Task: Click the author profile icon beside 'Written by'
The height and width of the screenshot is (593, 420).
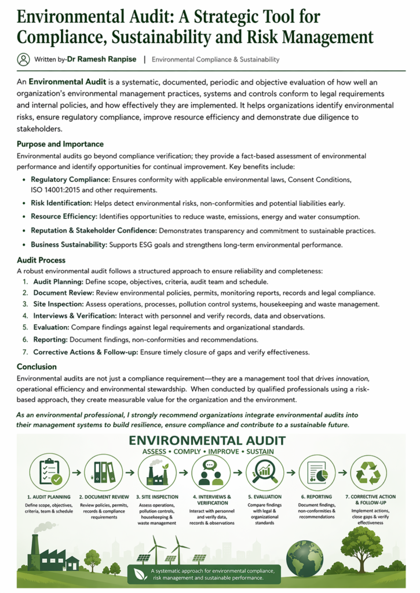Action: [23, 59]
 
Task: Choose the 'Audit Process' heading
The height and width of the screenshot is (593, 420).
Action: [41, 260]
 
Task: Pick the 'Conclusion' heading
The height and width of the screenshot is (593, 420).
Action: [36, 366]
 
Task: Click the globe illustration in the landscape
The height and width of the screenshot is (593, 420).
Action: [305, 558]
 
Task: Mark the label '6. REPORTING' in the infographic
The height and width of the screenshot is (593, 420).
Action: [316, 497]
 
